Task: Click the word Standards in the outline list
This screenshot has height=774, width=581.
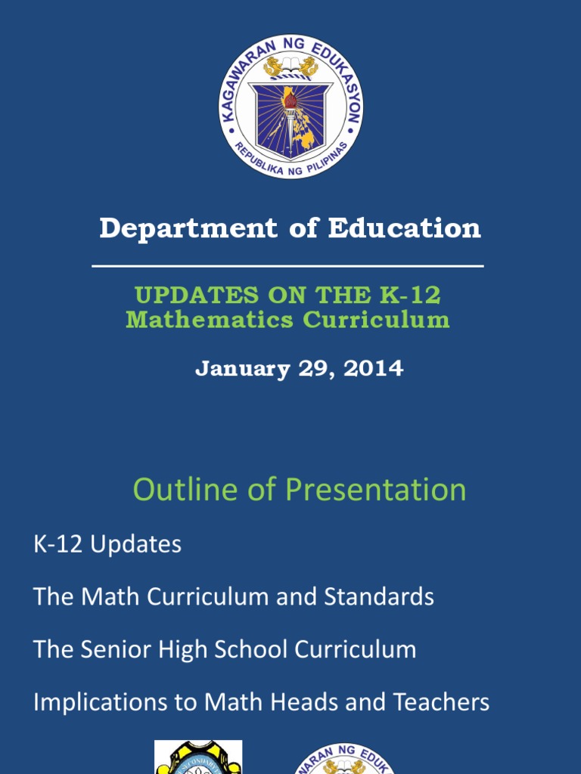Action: pos(379,597)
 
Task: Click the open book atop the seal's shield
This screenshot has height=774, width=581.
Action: pos(290,62)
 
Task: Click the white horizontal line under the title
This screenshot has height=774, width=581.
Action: pos(287,266)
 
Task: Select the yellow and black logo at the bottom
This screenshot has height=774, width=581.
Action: pos(198,759)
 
